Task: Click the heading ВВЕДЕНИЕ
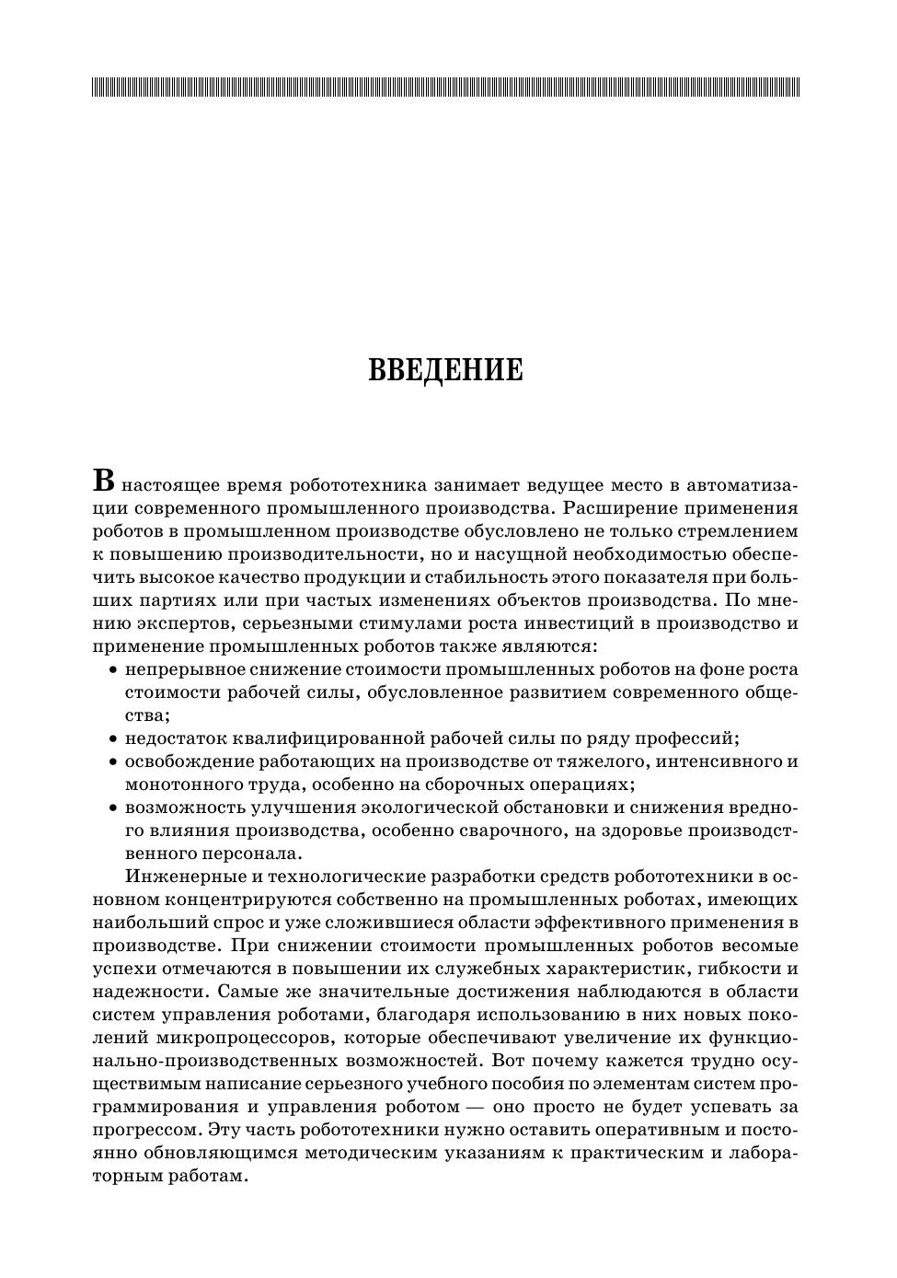point(445,371)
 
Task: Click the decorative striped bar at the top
point(445,87)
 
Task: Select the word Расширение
point(623,508)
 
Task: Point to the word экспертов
point(190,623)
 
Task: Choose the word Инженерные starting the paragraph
point(181,877)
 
